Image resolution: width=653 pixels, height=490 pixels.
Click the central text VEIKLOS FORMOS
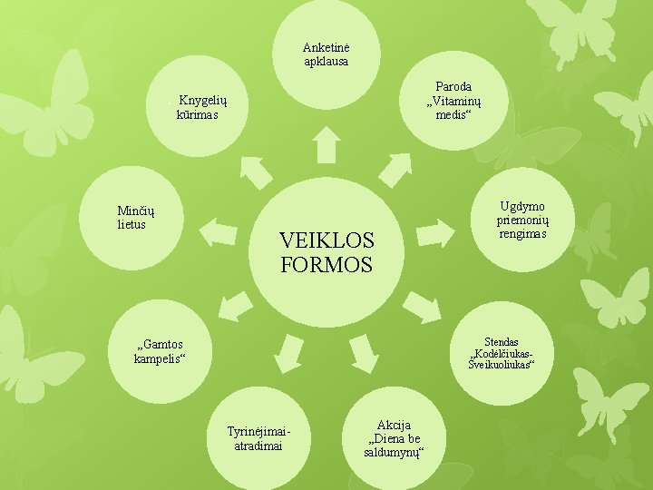(326, 252)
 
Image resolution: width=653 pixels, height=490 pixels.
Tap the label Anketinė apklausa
(326, 54)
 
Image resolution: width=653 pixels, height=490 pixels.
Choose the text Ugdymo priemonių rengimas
(521, 220)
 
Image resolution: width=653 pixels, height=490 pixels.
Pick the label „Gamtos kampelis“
(159, 351)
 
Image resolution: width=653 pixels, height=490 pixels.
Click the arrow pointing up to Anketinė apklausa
(326, 145)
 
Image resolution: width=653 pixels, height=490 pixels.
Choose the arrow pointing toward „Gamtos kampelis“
(236, 306)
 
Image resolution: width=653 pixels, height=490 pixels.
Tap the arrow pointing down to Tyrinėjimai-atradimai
(289, 353)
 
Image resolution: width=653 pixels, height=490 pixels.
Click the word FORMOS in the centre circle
(326, 265)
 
